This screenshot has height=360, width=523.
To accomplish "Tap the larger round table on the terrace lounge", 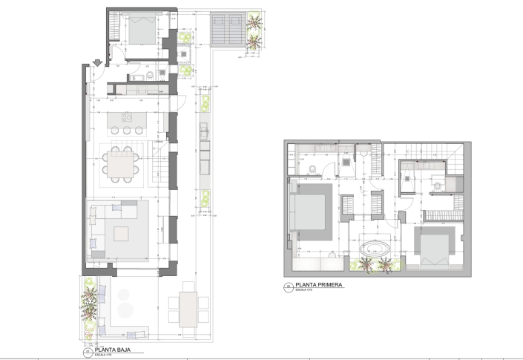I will click(x=125, y=309).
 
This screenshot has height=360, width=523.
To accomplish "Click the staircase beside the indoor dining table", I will click(x=157, y=171).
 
